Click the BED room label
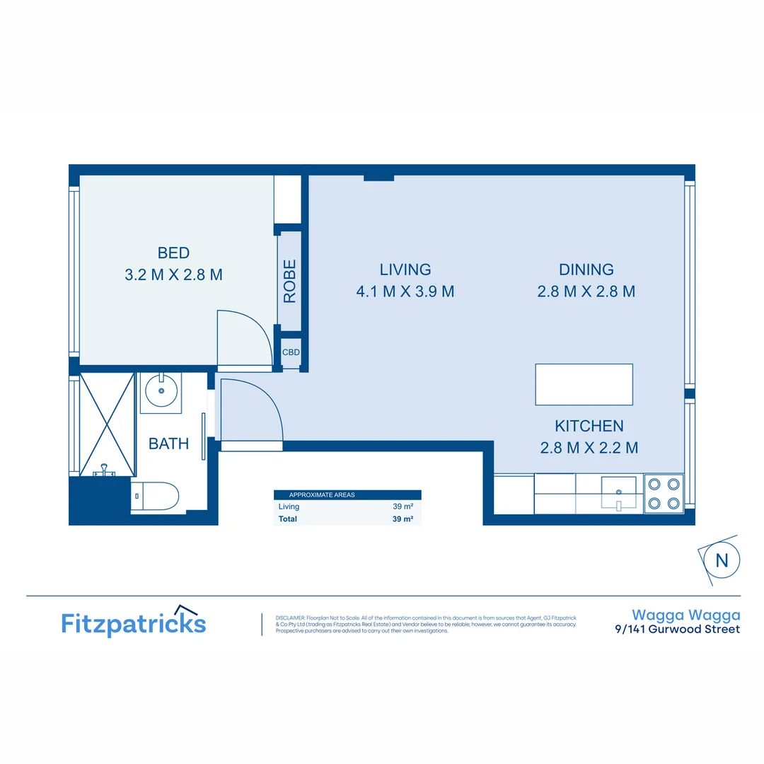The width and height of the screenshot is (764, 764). point(173,253)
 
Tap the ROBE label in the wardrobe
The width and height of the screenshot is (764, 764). point(289,281)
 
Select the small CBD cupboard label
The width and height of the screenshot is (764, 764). point(291,352)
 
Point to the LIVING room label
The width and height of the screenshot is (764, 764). point(405,270)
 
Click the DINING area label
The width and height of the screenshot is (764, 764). point(586,270)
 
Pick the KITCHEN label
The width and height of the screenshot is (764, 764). point(589,426)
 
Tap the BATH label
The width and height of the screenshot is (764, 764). point(168,444)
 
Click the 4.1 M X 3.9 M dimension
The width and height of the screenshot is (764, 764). point(405,291)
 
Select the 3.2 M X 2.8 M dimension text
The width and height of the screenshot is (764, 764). point(173,274)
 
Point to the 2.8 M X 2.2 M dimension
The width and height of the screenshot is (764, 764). point(589,448)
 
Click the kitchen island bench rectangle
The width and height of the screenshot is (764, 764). point(584,384)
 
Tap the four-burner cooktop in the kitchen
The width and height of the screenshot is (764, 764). point(664,494)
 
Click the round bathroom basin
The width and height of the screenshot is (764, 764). point(161,390)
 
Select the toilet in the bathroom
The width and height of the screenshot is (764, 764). point(155,496)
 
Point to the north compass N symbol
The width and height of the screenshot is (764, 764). point(722,560)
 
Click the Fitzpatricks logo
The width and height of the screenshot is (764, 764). point(134,623)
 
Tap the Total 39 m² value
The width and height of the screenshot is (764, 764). point(403,519)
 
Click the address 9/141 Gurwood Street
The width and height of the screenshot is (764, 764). point(677,629)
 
